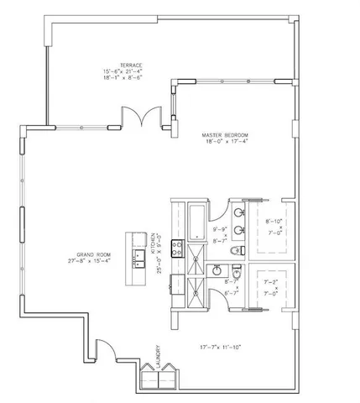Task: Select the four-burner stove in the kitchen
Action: tap(178, 248)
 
